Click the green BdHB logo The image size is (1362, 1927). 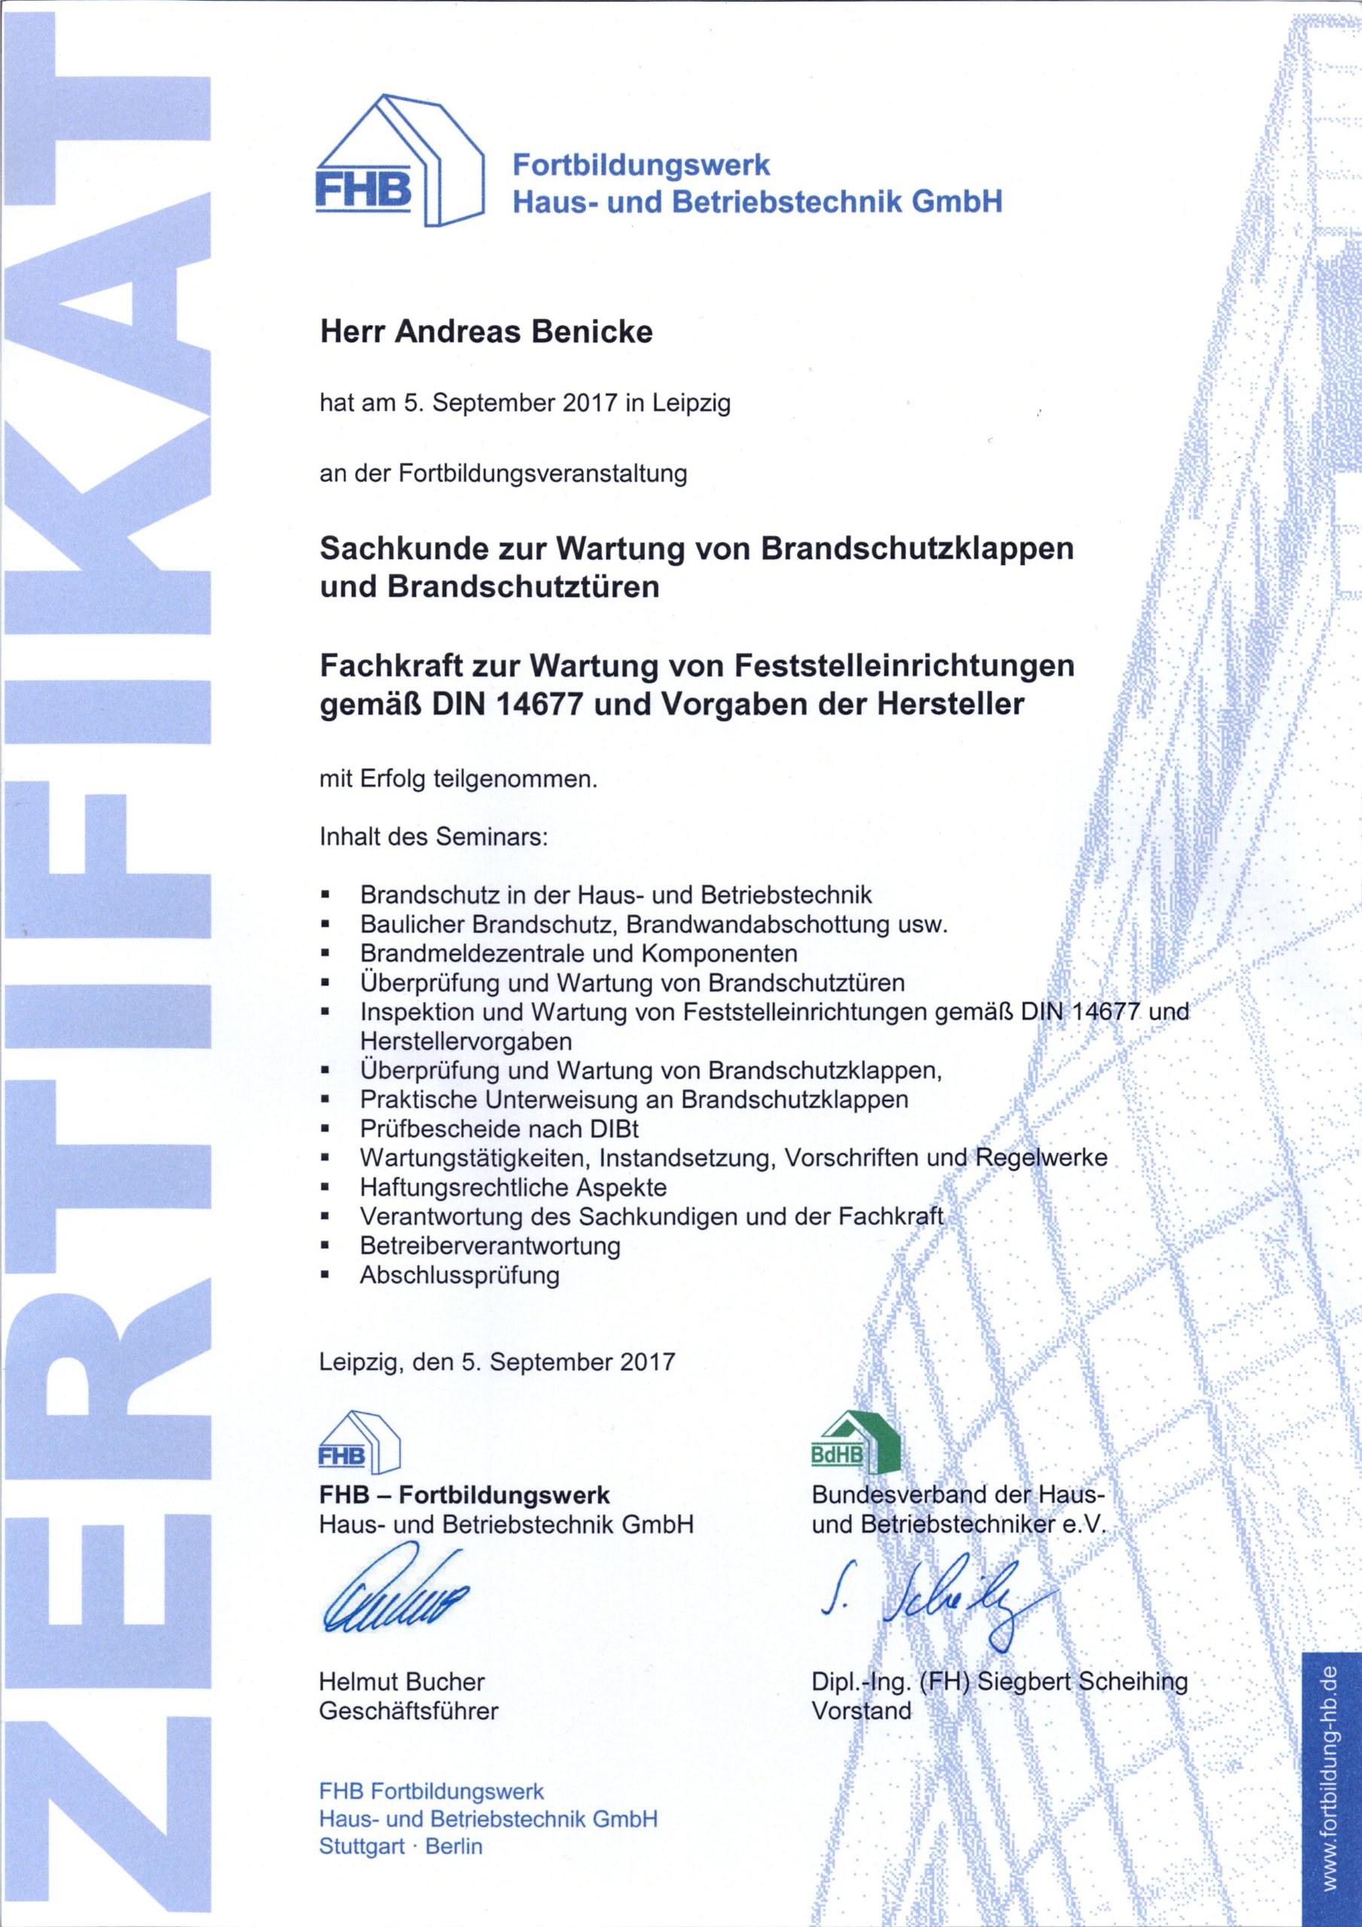pyautogui.click(x=855, y=1443)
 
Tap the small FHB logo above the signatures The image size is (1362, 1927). pyautogui.click(x=358, y=1443)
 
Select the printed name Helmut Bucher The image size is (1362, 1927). pyautogui.click(x=401, y=1681)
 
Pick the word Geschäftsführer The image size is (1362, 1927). pyautogui.click(x=408, y=1710)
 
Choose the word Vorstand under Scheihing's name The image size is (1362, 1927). pyautogui.click(x=860, y=1710)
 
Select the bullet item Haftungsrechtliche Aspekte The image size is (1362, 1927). pyautogui.click(x=512, y=1188)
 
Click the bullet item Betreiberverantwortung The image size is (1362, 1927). pyautogui.click(x=490, y=1246)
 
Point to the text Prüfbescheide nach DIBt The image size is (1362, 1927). pyautogui.click(x=500, y=1129)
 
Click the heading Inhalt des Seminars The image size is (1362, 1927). pyautogui.click(x=433, y=837)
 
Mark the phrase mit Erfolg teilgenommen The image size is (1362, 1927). pyautogui.click(x=458, y=780)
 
